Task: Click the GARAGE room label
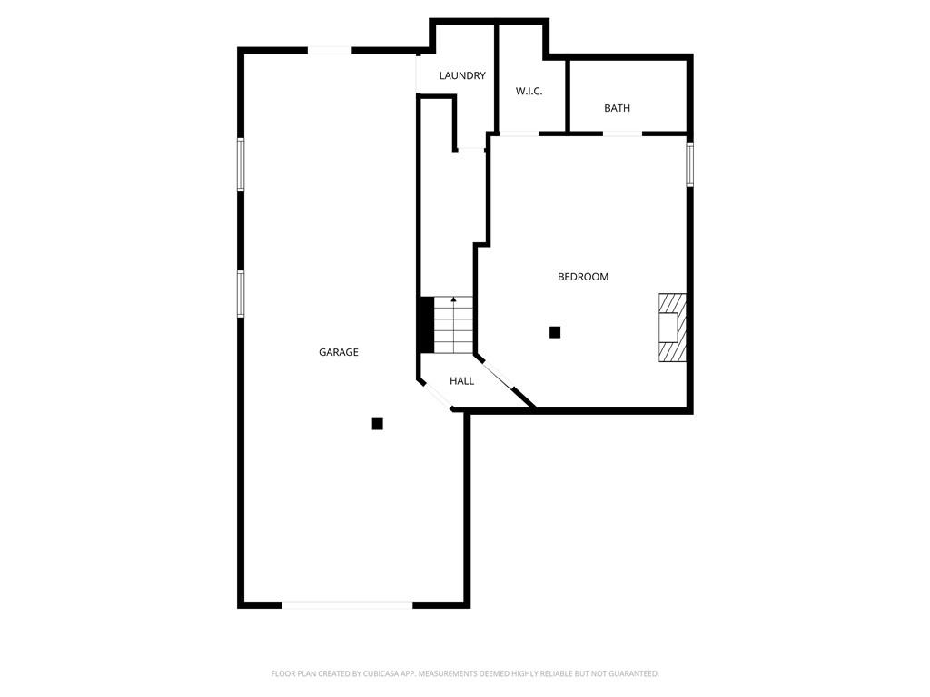pyautogui.click(x=338, y=352)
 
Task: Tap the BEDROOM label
pyautogui.click(x=583, y=277)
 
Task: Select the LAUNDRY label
pyautogui.click(x=462, y=76)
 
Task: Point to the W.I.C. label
pyautogui.click(x=529, y=92)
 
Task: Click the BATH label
pyautogui.click(x=617, y=109)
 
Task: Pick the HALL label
pyautogui.click(x=461, y=381)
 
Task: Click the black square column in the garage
pyautogui.click(x=378, y=424)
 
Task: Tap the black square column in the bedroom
pyautogui.click(x=555, y=333)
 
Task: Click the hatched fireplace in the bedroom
pyautogui.click(x=672, y=328)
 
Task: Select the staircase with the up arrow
pyautogui.click(x=453, y=325)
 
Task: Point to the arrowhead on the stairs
pyautogui.click(x=453, y=299)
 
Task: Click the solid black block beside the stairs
pyautogui.click(x=426, y=324)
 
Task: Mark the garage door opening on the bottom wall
pyautogui.click(x=347, y=604)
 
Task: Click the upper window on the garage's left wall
pyautogui.click(x=241, y=164)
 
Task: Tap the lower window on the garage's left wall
pyautogui.click(x=241, y=293)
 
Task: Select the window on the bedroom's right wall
pyautogui.click(x=689, y=164)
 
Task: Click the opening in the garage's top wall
pyautogui.click(x=329, y=50)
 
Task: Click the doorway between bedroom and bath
pyautogui.click(x=622, y=133)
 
